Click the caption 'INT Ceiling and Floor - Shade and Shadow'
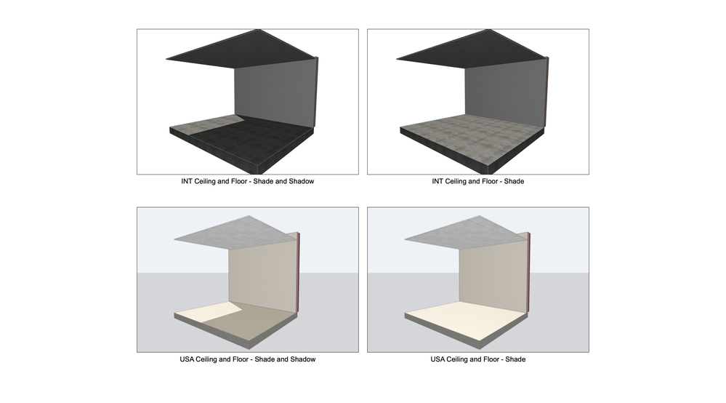[247, 181]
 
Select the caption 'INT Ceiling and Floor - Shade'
[478, 181]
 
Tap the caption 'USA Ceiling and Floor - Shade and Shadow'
[247, 359]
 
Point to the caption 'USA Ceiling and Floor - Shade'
[478, 359]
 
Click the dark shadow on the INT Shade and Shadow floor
[254, 138]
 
